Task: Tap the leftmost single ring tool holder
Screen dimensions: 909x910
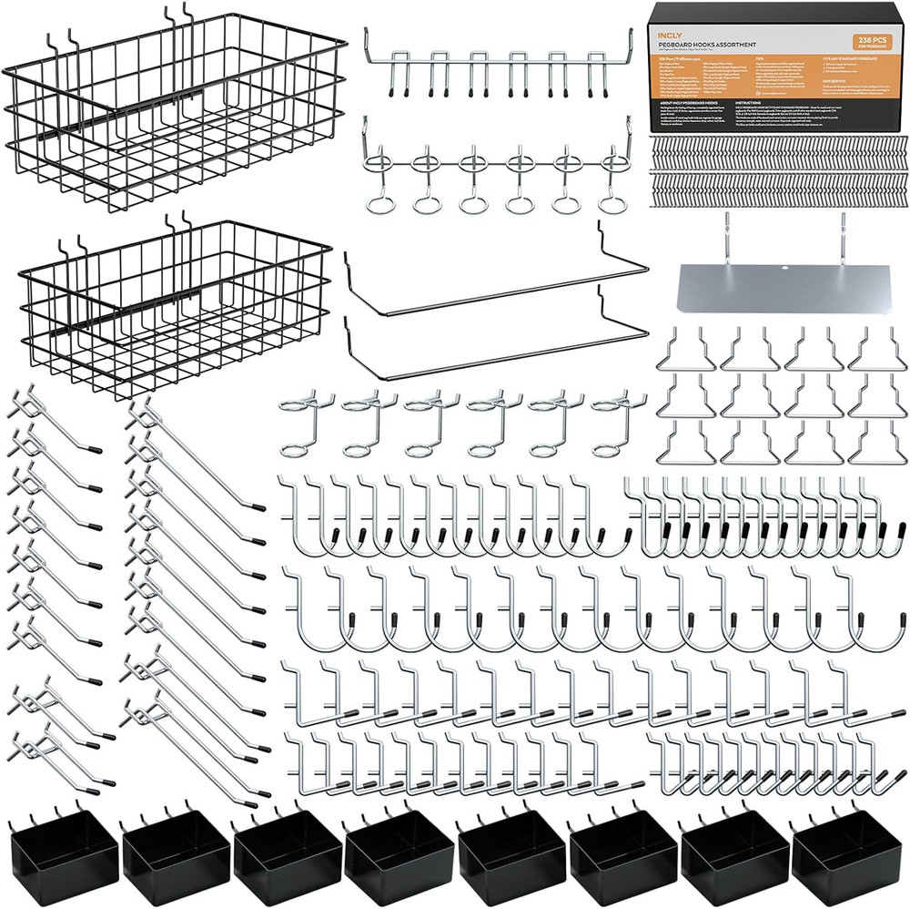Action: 302,428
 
